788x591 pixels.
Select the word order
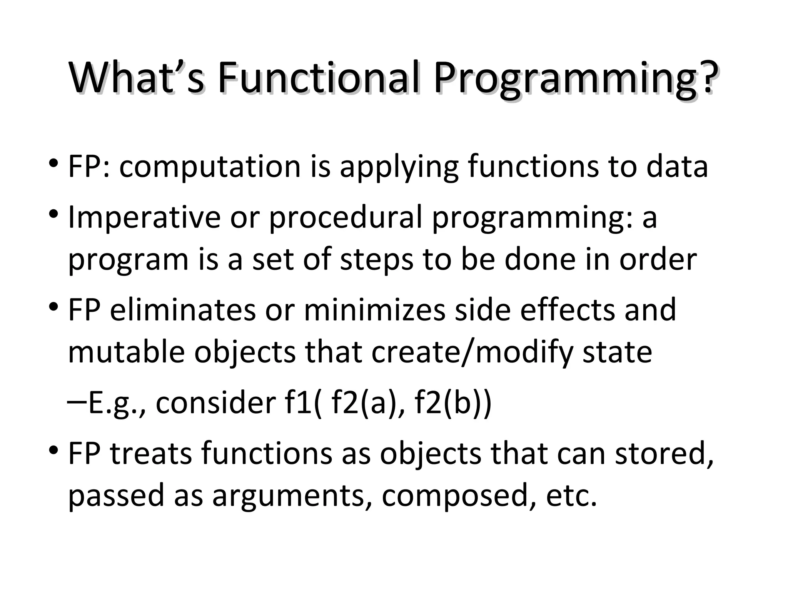click(658, 259)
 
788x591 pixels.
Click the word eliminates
click(183, 310)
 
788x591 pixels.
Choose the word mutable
click(127, 352)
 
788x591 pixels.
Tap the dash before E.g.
click(77, 401)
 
